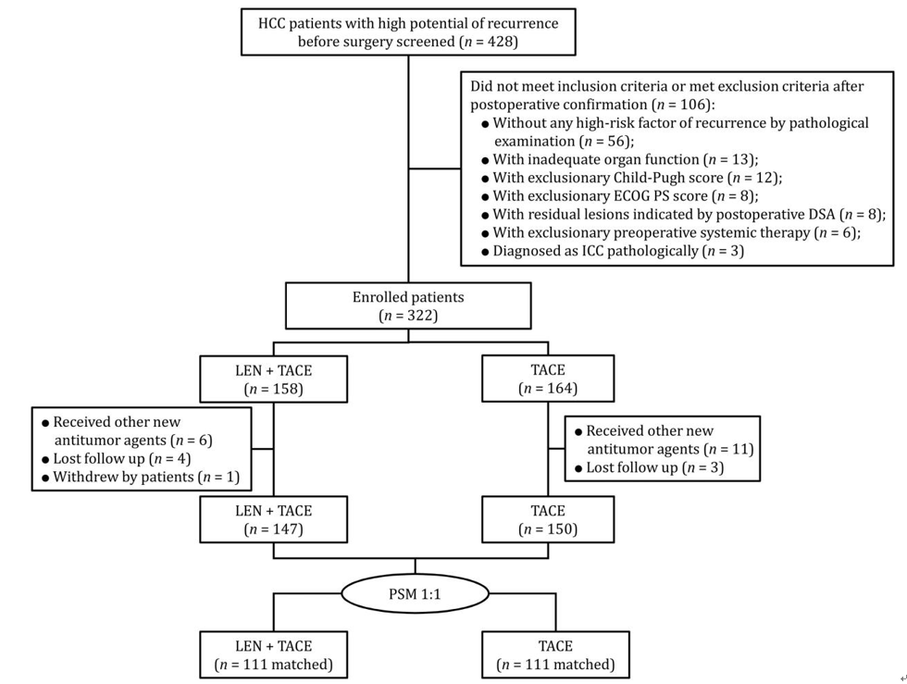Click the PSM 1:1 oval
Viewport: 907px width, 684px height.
click(415, 594)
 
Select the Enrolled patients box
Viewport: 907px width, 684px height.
click(408, 306)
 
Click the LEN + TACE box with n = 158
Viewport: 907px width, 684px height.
click(274, 379)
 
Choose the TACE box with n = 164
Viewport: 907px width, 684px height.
click(548, 379)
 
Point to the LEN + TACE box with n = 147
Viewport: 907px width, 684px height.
click(274, 519)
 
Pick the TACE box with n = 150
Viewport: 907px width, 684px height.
click(548, 519)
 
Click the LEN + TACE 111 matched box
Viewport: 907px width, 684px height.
click(274, 655)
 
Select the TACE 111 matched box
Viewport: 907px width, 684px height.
click(555, 655)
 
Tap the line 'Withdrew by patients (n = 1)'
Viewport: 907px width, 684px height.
click(146, 477)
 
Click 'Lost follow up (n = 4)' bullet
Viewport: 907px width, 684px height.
click(121, 458)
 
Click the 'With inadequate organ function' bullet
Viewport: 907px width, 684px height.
click(625, 159)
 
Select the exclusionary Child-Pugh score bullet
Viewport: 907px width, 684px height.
click(637, 178)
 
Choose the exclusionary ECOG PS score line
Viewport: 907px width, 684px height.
click(625, 196)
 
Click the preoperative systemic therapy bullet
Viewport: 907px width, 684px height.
click(676, 232)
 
